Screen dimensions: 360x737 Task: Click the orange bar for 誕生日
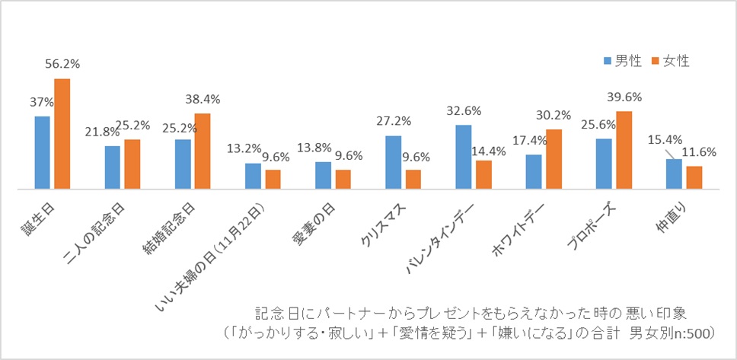click(62, 133)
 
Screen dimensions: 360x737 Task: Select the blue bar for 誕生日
click(42, 152)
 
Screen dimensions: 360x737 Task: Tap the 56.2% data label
click(62, 65)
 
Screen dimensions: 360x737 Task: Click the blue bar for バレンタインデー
click(463, 156)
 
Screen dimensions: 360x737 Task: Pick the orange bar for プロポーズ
click(624, 149)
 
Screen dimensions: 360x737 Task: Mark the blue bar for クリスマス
click(393, 161)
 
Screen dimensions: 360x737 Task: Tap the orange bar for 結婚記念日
click(203, 150)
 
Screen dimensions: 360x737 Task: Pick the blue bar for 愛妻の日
click(323, 174)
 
